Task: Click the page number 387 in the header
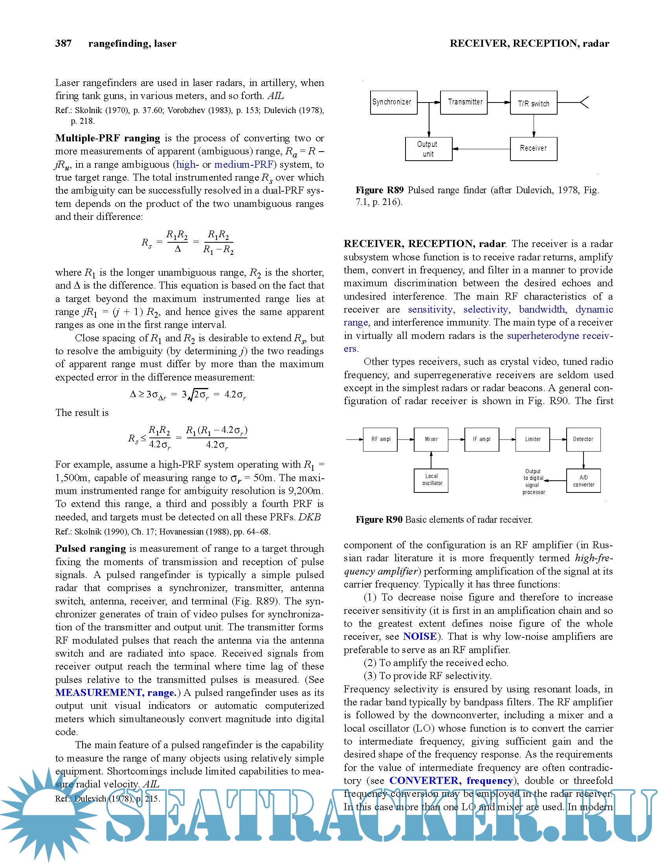click(63, 43)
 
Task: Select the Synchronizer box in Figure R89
click(393, 103)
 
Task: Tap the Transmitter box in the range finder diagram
click(463, 103)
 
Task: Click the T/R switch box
click(534, 103)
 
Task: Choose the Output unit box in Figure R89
click(429, 149)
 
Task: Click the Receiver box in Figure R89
click(534, 149)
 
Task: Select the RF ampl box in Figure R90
click(380, 439)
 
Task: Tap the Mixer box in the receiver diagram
click(431, 439)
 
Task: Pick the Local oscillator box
click(431, 480)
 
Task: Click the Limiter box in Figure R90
click(532, 439)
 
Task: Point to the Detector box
click(583, 439)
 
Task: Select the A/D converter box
click(583, 481)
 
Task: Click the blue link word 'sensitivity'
click(430, 309)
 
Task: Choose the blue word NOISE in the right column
click(420, 637)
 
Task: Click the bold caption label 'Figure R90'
click(379, 520)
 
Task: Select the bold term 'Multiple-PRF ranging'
click(108, 138)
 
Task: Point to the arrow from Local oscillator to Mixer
click(431, 460)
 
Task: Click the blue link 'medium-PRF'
click(243, 164)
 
